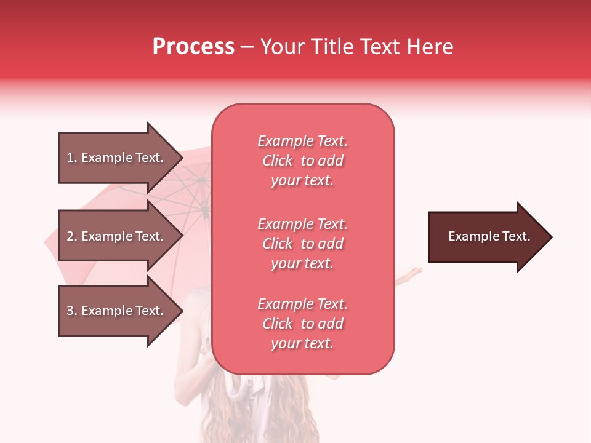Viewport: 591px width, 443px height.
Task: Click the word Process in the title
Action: [193, 47]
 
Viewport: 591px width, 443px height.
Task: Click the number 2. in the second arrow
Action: [72, 236]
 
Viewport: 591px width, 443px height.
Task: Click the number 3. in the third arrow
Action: [72, 311]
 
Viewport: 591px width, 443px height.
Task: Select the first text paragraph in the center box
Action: [302, 161]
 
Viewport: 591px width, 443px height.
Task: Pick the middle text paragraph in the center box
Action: [302, 244]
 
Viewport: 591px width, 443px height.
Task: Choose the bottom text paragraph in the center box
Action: [302, 324]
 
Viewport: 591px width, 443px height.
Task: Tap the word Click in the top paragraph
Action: [278, 161]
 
